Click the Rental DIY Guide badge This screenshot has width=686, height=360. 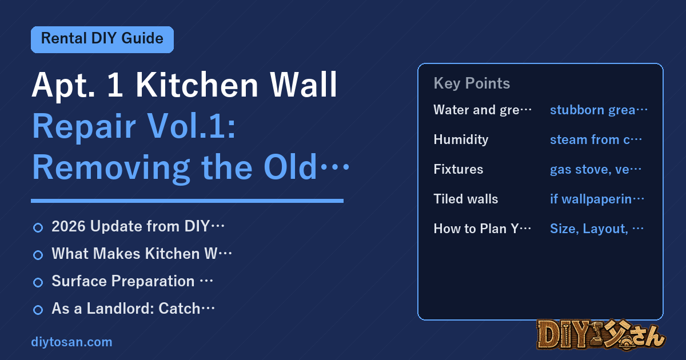pos(102,39)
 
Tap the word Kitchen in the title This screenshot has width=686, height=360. pos(197,85)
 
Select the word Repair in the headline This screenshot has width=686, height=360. pos(84,127)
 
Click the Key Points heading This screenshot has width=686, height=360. pos(472,83)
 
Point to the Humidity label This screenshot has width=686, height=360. pos(461,140)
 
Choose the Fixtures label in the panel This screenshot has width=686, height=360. pos(458,169)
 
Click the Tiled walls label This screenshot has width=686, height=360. pos(466,199)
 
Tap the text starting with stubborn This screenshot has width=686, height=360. pos(599,110)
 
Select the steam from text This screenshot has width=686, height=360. pos(596,139)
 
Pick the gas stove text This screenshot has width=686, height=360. pos(595,169)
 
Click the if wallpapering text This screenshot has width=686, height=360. pos(597,199)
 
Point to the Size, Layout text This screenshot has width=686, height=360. pos(597,229)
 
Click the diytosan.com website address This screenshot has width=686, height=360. pos(71,342)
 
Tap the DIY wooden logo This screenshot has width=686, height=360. pos(601,335)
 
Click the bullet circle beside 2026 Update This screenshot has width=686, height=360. pos(38,227)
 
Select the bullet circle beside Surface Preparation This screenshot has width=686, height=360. pos(38,282)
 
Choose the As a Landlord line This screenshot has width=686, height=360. pos(133,308)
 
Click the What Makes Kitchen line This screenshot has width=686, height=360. pos(142,254)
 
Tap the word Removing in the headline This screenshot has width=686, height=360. pos(111,168)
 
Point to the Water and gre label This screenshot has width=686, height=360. pos(482,110)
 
